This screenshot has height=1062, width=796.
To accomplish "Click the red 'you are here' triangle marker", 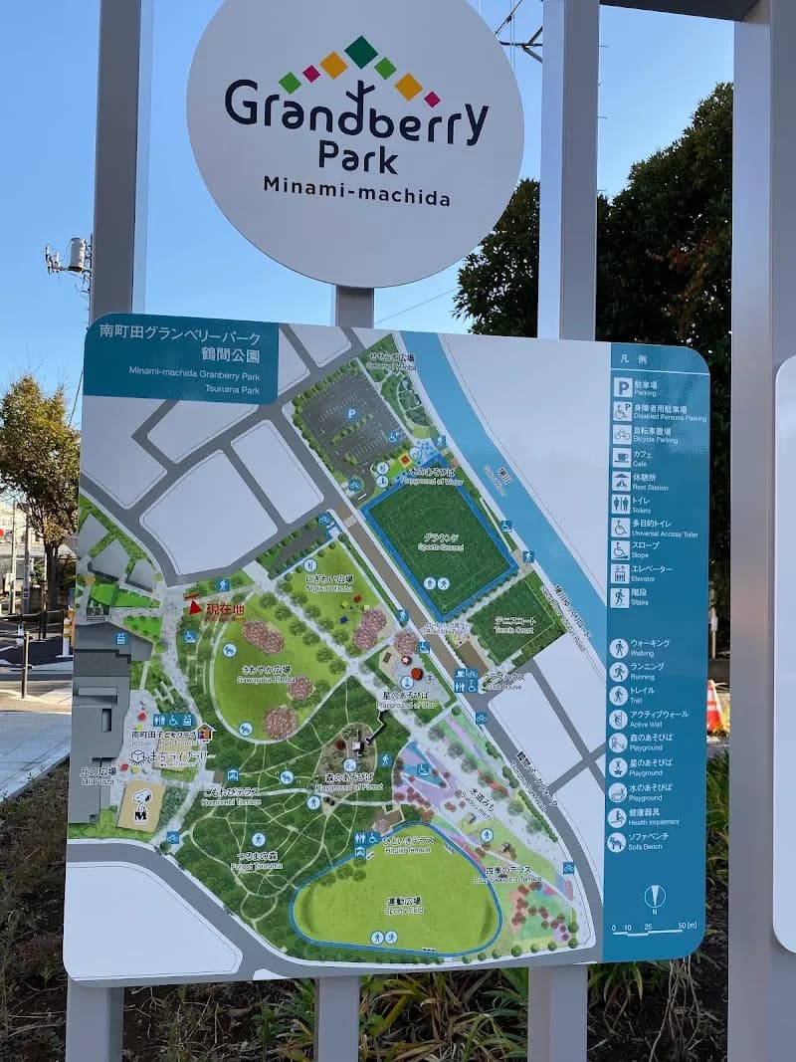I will pos(195,605).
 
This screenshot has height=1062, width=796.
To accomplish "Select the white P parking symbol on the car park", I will pos(350,413).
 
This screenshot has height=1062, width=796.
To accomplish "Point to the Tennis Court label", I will pos(514,624).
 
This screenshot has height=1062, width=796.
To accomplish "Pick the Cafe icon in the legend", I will pos(621,458).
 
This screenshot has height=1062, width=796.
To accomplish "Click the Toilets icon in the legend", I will pos(620,504).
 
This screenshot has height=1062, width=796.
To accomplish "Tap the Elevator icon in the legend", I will pos(620,573).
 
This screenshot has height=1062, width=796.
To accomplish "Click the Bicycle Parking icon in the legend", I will pos(622,434).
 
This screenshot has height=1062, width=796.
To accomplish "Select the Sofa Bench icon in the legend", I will pos(618,840).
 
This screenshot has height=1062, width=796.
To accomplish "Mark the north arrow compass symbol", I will pos(654,897).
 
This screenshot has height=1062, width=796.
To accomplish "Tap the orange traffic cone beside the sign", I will pos(713,709).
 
